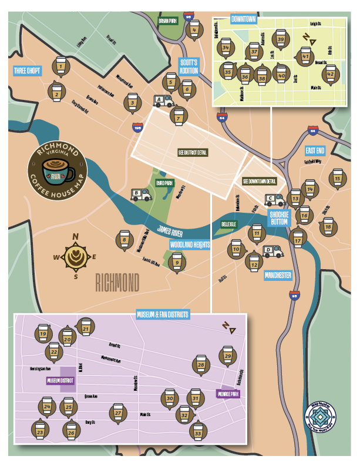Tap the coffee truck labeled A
(x=163, y=101)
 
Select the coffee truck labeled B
(x=141, y=195)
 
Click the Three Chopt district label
(x=27, y=71)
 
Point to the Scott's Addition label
(x=189, y=66)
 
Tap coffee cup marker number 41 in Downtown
(x=305, y=56)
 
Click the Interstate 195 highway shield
(x=138, y=125)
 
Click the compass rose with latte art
(x=75, y=256)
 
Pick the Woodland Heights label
(x=190, y=244)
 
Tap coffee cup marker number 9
(x=177, y=261)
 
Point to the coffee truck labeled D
(x=272, y=251)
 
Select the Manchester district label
(x=277, y=275)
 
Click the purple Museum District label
(x=60, y=380)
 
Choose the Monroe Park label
(x=227, y=394)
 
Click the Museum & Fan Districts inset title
(x=163, y=315)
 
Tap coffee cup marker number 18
(x=328, y=226)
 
